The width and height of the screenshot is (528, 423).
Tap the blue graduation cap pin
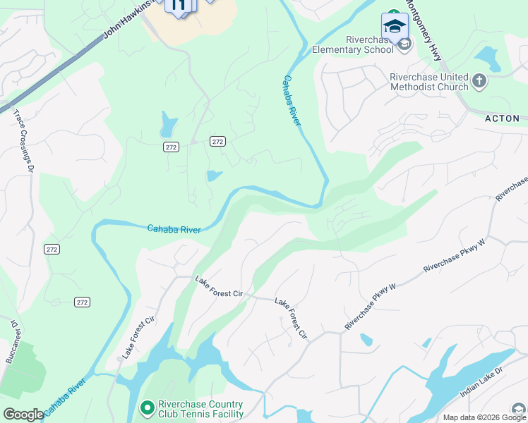pos(395,26)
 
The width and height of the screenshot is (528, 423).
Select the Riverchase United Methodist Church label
pos(429,82)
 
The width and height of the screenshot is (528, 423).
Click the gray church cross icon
pos(479,81)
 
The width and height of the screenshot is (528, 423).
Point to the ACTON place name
pos(502,118)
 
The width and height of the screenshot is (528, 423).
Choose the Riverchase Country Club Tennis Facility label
pos(200,409)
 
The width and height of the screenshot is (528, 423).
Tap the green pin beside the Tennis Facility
pos(147,407)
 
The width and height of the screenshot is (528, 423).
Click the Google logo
pos(23,415)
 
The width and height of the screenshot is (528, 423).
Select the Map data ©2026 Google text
pos(484,417)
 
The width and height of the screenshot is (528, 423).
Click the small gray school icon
pos(404,45)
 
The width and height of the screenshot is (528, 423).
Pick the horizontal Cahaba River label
pos(174,228)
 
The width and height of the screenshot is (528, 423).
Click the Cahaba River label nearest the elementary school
pos(292,101)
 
